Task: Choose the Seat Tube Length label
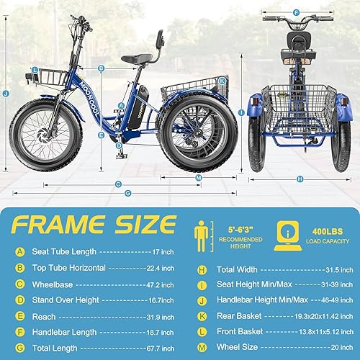tap(66, 251)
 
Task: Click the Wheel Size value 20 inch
tap(328, 346)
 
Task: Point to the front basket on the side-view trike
tap(46, 76)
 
